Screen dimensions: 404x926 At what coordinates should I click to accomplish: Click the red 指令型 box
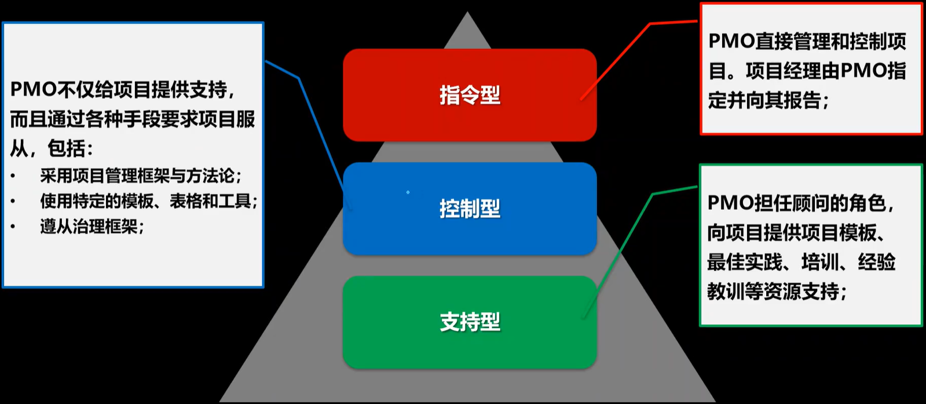[x=470, y=95]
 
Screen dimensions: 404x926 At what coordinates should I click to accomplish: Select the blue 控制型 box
[x=470, y=209]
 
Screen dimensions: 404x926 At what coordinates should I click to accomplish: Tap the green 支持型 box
[x=470, y=322]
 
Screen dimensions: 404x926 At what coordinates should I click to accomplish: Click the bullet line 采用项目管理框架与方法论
[x=141, y=176]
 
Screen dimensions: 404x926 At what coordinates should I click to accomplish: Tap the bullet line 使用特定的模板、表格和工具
[x=148, y=201]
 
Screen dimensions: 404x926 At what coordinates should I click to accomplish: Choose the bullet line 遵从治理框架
[x=91, y=226]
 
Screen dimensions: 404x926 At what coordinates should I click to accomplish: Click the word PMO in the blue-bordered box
[x=32, y=90]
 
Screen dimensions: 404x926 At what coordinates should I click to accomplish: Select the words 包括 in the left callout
[x=66, y=148]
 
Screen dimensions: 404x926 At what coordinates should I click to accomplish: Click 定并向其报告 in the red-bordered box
[x=764, y=101]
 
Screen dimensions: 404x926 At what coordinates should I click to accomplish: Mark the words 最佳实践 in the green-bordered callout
[x=745, y=262]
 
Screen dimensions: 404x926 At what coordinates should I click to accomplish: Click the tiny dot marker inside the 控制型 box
[x=408, y=192]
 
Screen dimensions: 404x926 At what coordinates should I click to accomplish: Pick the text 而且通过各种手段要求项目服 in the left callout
[x=133, y=119]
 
